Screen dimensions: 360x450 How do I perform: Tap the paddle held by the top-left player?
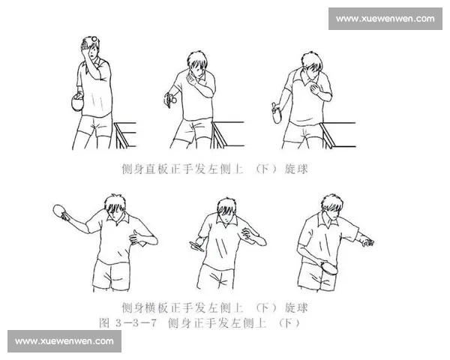[x=75, y=103]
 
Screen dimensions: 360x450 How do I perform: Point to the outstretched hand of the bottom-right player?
[x=366, y=241]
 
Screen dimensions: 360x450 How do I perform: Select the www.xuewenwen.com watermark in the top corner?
[x=385, y=19]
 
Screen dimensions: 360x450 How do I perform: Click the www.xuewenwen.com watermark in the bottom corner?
[x=64, y=341]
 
